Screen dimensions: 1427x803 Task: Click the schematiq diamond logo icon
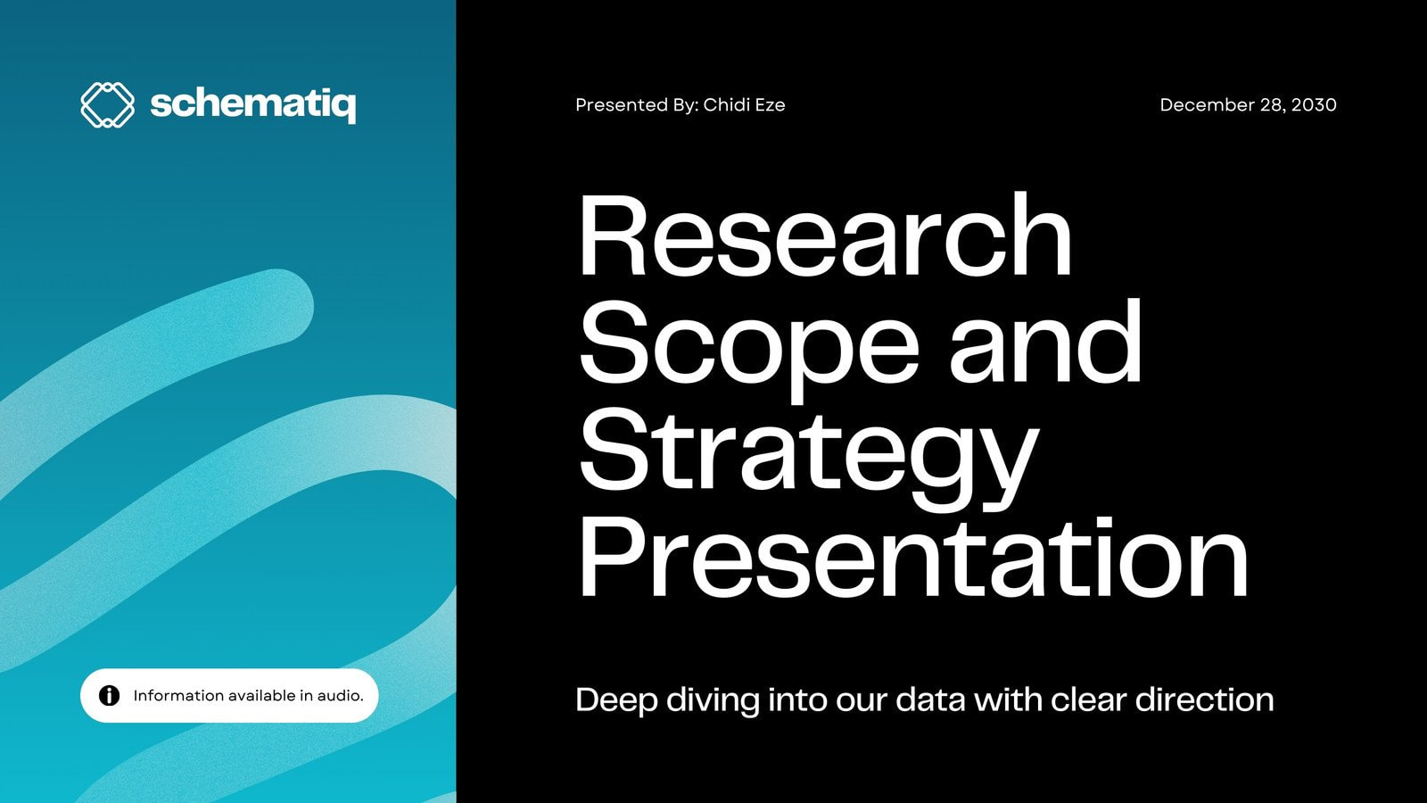108,104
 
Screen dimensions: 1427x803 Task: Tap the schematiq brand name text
253,105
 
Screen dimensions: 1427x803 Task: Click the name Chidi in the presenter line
726,104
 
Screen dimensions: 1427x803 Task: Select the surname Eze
771,104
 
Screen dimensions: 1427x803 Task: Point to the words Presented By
637,104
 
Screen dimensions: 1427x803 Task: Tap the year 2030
1314,104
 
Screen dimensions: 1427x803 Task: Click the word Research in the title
825,235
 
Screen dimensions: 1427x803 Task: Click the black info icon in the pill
110,695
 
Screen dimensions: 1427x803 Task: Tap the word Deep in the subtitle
616,700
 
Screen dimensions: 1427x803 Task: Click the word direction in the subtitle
1205,700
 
